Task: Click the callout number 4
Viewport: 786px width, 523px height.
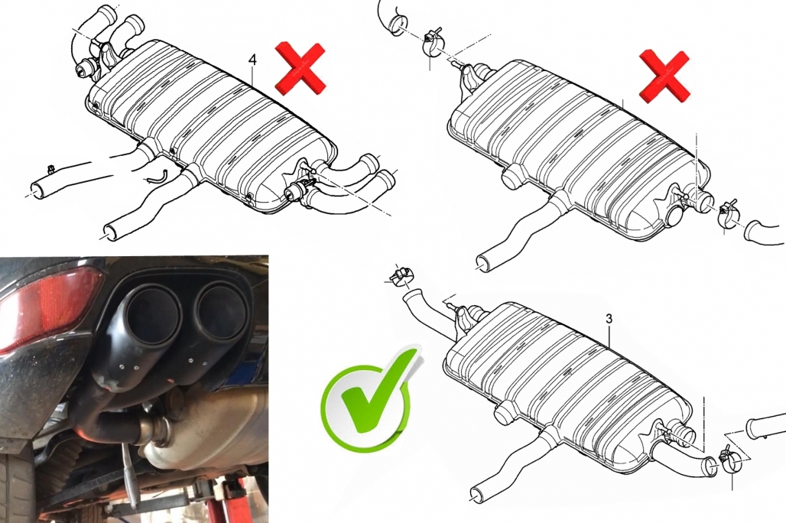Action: coord(252,60)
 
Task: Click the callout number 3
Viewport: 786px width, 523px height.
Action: coord(609,318)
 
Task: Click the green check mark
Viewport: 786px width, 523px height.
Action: coord(371,396)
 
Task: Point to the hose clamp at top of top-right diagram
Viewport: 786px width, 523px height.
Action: coord(433,44)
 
